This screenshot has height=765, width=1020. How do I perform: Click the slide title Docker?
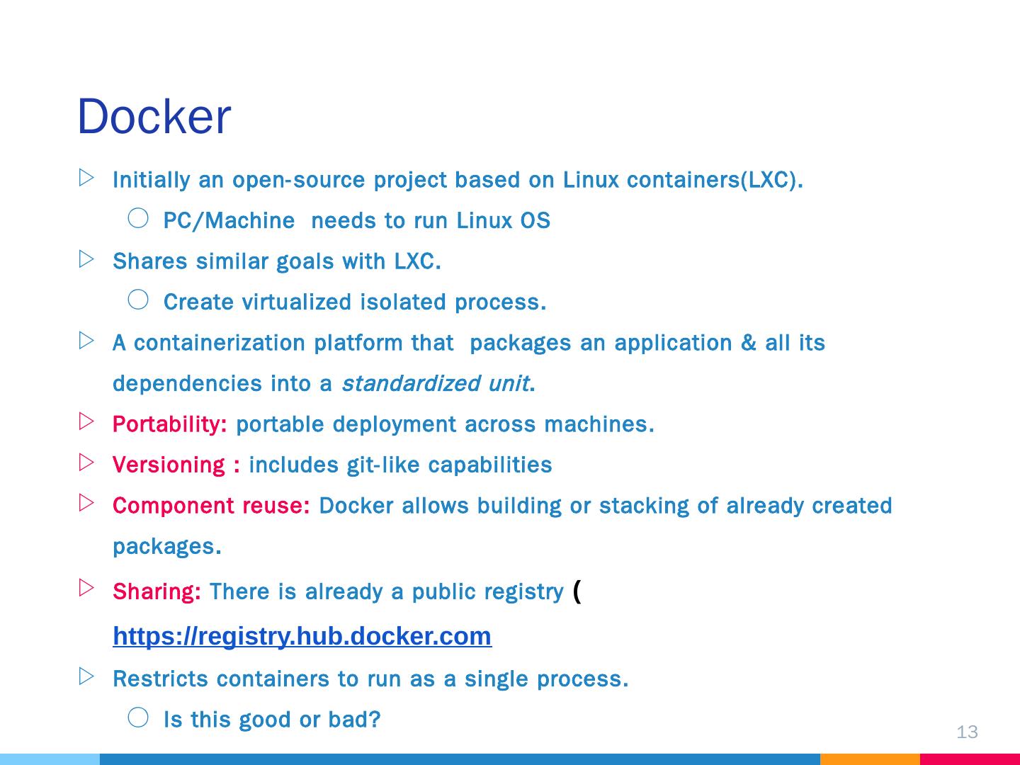(x=154, y=117)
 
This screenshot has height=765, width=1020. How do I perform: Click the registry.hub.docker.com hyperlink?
(x=302, y=636)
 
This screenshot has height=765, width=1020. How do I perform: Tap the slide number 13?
(x=967, y=732)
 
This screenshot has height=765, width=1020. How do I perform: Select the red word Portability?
(x=169, y=424)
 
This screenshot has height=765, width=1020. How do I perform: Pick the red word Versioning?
(x=169, y=465)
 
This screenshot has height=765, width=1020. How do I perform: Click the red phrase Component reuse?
(x=211, y=506)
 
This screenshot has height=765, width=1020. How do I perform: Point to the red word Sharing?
(x=157, y=591)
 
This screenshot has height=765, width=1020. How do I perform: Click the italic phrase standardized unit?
(x=435, y=384)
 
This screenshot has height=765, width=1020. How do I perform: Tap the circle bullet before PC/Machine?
(x=138, y=218)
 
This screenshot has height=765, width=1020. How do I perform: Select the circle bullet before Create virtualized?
(x=138, y=300)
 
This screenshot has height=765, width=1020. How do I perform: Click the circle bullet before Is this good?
(x=138, y=718)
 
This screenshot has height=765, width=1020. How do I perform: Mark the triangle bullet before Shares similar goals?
(x=86, y=259)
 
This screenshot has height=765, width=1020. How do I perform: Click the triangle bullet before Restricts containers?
(x=86, y=676)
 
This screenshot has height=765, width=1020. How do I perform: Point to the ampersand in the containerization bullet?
(x=748, y=343)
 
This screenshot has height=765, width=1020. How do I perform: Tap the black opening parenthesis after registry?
(x=577, y=590)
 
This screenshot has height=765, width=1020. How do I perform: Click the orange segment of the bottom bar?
(x=870, y=759)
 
